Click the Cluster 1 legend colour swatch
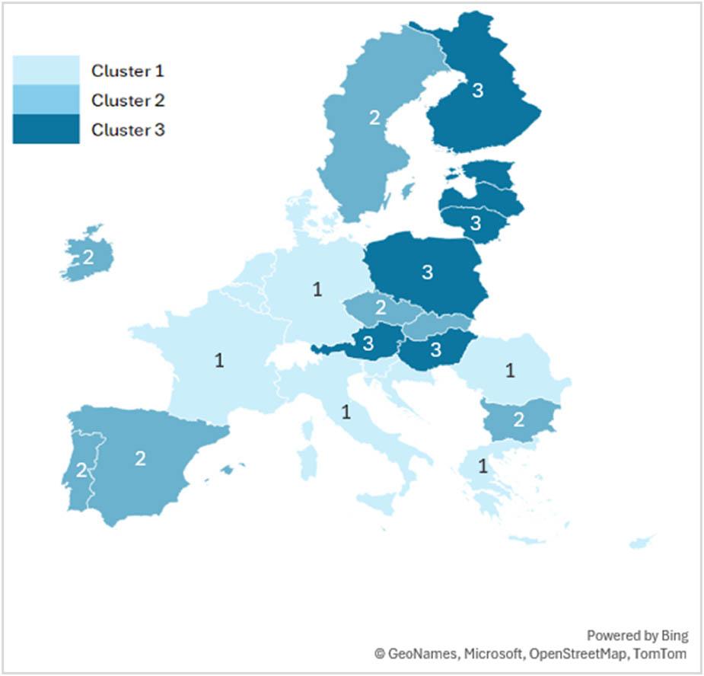(46, 70)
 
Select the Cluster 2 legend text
(127, 100)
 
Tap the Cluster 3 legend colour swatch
(46, 129)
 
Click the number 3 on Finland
(477, 91)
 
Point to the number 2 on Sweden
(374, 117)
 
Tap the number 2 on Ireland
(88, 257)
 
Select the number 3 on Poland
(427, 270)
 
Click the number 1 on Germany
(317, 289)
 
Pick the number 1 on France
(219, 360)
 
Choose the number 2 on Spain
(140, 458)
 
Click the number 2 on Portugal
(81, 470)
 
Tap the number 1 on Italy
(346, 413)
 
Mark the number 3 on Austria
(368, 343)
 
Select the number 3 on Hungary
(436, 349)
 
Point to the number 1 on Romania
(511, 371)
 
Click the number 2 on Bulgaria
(519, 419)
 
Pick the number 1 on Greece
(483, 466)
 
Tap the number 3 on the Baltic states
(476, 223)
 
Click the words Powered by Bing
(637, 636)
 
